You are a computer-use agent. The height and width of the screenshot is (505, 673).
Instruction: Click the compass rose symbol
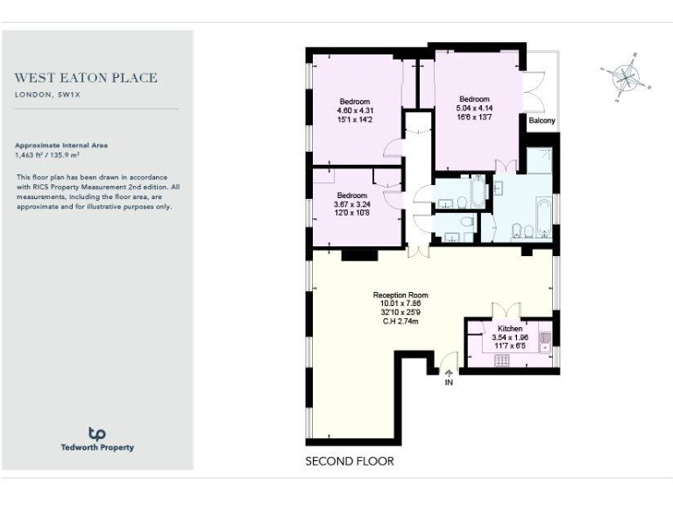click(624, 77)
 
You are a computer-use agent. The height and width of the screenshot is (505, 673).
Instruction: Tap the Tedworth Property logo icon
click(97, 433)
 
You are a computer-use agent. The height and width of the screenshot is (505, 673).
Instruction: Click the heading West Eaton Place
click(87, 78)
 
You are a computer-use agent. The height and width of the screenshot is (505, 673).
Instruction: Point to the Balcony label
click(541, 121)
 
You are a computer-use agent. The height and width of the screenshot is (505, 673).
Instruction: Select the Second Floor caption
click(349, 461)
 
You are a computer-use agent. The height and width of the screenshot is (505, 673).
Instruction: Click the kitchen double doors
click(507, 313)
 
